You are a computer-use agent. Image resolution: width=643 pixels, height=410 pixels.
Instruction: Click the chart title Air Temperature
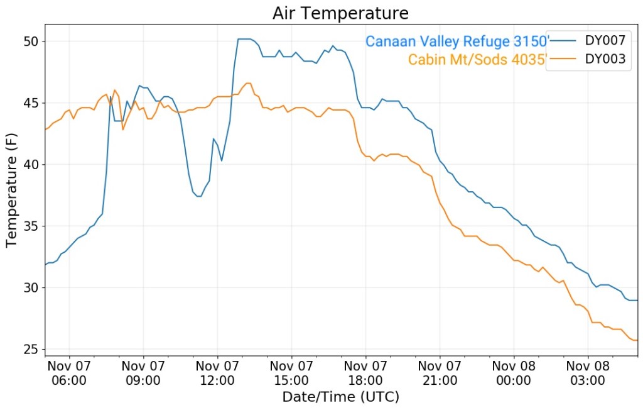[x=340, y=13]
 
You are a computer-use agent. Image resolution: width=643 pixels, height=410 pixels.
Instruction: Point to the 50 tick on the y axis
[x=31, y=42]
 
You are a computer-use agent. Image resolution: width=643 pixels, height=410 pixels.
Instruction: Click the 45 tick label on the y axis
[x=31, y=103]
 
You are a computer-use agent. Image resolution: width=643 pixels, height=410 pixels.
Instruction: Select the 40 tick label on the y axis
[x=31, y=165]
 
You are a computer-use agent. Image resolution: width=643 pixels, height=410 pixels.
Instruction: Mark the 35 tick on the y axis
[x=31, y=226]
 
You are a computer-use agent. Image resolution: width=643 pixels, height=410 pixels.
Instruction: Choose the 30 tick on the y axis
[x=31, y=288]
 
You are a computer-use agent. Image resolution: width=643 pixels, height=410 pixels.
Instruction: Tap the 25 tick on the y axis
[x=31, y=350]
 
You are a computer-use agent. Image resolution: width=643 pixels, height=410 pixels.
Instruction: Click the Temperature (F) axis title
[x=12, y=189]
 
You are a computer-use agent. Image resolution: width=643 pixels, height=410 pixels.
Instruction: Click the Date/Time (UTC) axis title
[x=340, y=397]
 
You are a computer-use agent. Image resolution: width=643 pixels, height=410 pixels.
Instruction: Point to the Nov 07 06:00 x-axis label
[x=69, y=373]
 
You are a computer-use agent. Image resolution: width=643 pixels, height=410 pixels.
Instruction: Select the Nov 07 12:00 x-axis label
[x=217, y=373]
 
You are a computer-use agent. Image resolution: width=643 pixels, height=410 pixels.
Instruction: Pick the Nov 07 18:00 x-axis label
[x=365, y=373]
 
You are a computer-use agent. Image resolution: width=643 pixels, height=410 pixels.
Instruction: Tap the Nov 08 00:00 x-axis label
[x=514, y=373]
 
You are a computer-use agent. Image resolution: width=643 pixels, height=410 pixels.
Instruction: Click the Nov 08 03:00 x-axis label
[x=588, y=373]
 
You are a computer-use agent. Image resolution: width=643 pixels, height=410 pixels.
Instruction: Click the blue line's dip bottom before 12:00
[x=198, y=196]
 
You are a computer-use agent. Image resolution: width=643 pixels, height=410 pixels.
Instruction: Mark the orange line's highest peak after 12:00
[x=247, y=83]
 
